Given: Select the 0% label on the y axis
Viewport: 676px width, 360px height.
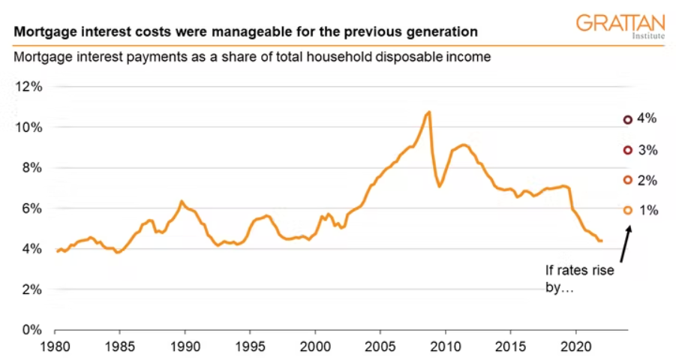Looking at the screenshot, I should click(32, 330).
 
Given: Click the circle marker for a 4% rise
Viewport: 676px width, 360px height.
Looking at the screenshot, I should click(627, 119).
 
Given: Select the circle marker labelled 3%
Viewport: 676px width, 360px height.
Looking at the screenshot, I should click(627, 150).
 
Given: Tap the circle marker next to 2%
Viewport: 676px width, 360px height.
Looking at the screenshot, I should click(627, 180).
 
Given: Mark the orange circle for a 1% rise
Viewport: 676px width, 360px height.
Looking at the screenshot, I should click(627, 211).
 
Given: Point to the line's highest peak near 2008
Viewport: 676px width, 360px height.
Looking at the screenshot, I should click(428, 112).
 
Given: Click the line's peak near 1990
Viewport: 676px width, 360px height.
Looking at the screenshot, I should click(181, 201).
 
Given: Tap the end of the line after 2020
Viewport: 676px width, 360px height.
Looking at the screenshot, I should click(602, 241).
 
